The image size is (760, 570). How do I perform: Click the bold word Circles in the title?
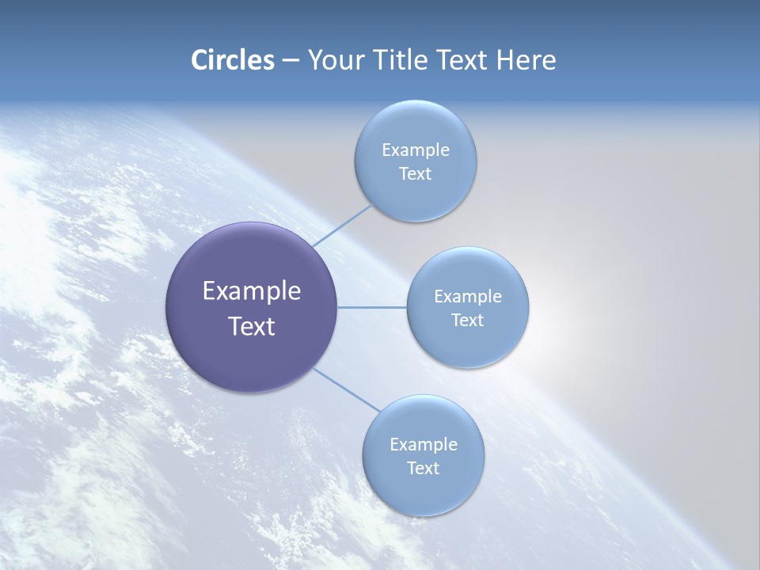pyautogui.click(x=233, y=60)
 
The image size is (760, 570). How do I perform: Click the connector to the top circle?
pyautogui.click(x=343, y=225)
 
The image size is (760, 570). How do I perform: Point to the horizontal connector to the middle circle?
pyautogui.click(x=372, y=307)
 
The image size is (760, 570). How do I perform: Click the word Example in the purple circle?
pyautogui.click(x=251, y=291)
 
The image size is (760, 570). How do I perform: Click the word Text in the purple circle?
pyautogui.click(x=251, y=326)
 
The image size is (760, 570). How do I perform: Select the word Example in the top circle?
pyautogui.click(x=415, y=150)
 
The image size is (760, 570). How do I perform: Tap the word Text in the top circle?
pyautogui.click(x=415, y=174)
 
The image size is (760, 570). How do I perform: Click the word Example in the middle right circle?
pyautogui.click(x=467, y=297)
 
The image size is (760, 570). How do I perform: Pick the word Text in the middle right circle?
pyautogui.click(x=467, y=321)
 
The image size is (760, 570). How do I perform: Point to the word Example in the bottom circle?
pyautogui.click(x=423, y=445)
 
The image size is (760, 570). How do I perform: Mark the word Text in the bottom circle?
pyautogui.click(x=423, y=469)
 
